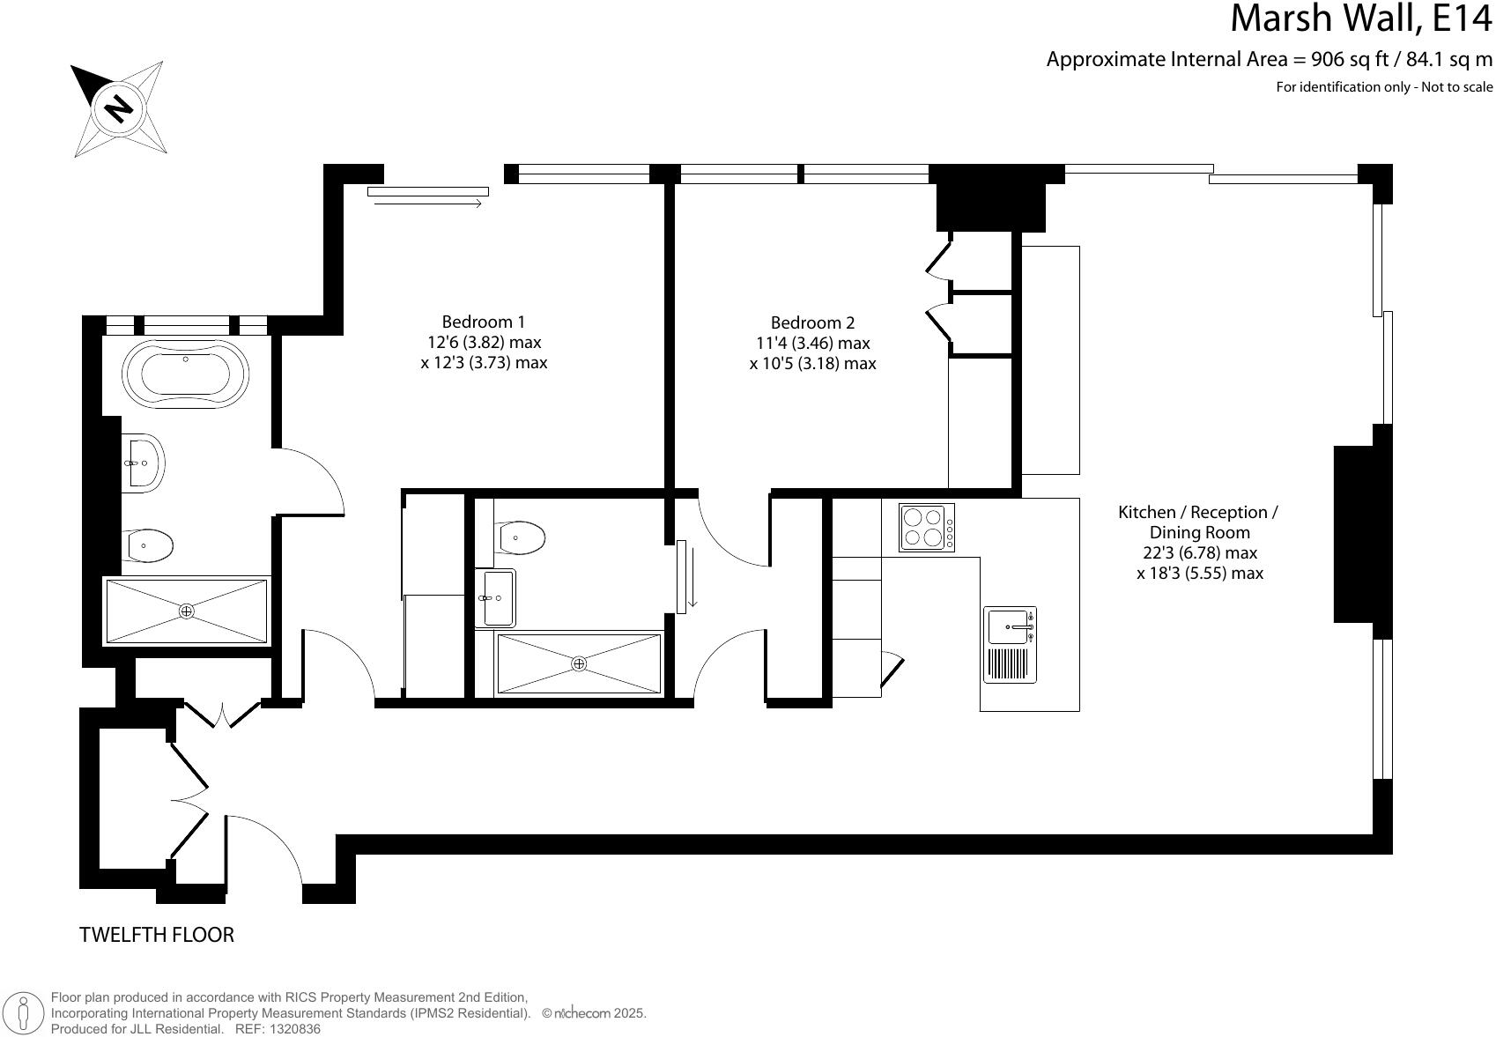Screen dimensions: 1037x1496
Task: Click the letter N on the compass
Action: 118,108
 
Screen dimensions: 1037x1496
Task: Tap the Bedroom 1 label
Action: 484,322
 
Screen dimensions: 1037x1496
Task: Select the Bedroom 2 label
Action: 812,322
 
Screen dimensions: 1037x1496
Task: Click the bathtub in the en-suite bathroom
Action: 186,375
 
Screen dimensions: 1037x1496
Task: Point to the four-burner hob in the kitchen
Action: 926,527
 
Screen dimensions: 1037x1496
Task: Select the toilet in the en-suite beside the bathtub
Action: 149,546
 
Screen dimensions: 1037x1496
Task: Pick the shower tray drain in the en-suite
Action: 186,611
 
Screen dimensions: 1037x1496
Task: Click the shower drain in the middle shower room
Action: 579,663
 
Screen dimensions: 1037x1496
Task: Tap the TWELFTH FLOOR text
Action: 157,935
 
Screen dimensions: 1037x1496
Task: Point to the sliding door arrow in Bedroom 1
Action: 428,204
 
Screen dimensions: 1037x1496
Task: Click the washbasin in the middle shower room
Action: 495,597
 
